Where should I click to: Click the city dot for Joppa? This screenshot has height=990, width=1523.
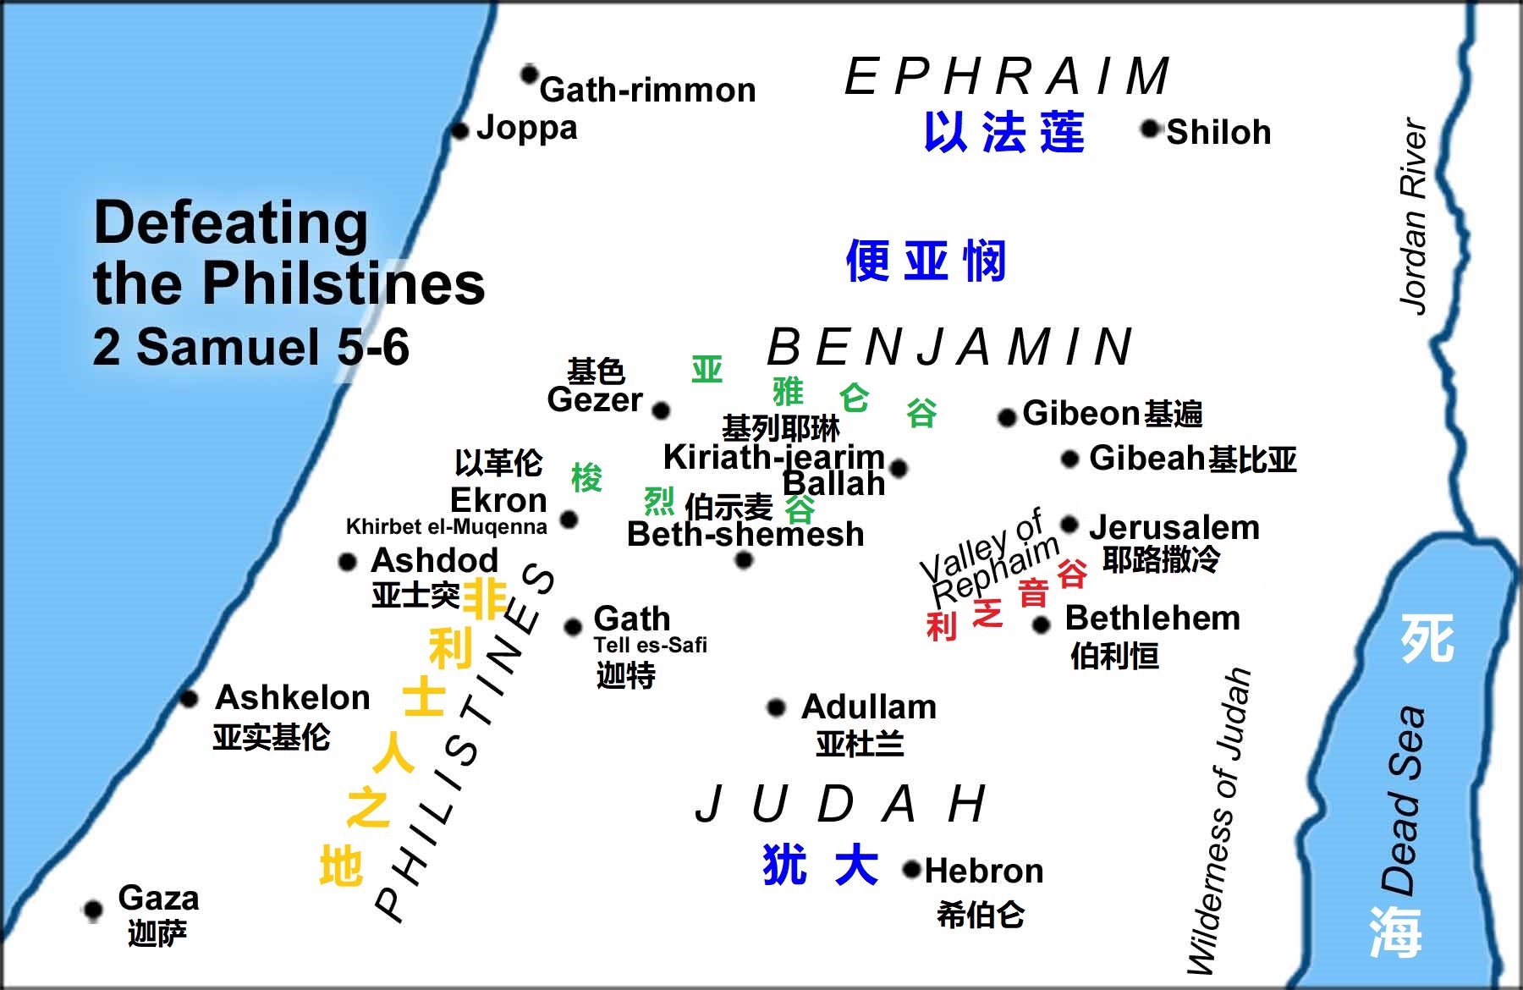pos(459,131)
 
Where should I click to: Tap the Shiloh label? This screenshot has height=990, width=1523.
pos(1218,133)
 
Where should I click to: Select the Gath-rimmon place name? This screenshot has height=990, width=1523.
pos(647,90)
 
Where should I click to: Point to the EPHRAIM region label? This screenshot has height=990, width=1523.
pos(1007,76)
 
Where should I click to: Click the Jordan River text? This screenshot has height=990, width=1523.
pos(1414,216)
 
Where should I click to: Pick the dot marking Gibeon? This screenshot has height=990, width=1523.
pos(1006,417)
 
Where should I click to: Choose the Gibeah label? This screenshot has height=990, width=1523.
pos(1146,459)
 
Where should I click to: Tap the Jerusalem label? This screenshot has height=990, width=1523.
pos(1174,528)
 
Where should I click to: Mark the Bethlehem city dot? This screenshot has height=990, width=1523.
pos(1042,625)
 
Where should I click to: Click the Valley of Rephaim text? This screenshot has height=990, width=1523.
pos(990,558)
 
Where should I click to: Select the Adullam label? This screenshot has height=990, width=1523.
pos(869,707)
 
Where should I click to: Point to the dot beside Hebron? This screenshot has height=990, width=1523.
pos(911,869)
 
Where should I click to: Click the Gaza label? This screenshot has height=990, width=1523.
pos(158,898)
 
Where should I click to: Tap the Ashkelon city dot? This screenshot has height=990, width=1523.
pos(189,699)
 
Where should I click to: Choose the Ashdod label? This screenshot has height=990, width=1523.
pos(434,560)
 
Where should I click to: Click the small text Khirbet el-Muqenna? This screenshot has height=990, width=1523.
pos(446,527)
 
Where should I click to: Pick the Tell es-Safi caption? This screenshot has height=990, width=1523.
pos(650,646)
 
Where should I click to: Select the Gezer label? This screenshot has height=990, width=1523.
pos(594,400)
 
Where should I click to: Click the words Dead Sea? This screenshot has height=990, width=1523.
pos(1405,800)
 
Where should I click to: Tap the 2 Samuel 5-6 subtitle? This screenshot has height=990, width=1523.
pos(250,348)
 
